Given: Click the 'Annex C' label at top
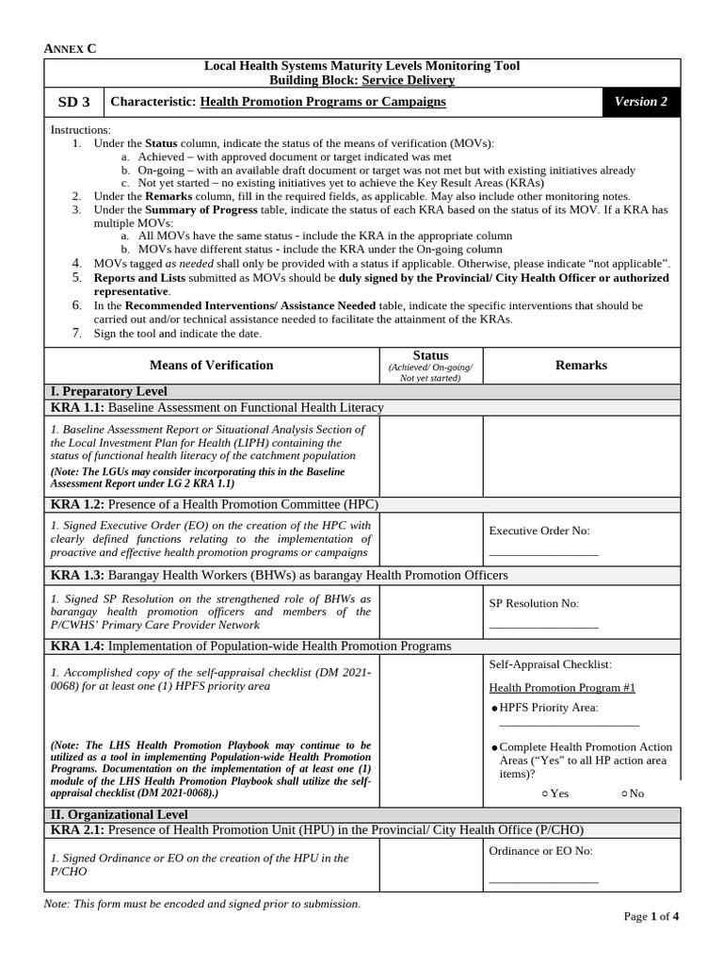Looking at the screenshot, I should (71, 48).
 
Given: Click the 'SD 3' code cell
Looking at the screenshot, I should (72, 102).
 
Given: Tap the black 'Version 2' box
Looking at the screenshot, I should (640, 102).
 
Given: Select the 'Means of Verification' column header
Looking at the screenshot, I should (211, 365).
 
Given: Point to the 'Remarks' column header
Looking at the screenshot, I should (581, 365).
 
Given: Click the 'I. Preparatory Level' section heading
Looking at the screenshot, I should (109, 391).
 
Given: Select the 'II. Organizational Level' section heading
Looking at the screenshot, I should (119, 814).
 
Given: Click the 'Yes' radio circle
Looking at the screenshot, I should (545, 793).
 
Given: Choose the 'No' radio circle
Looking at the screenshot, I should (624, 793).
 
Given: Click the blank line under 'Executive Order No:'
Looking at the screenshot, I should (543, 554).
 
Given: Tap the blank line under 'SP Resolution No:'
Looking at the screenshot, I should (543, 626).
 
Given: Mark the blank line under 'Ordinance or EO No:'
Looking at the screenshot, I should (543, 881).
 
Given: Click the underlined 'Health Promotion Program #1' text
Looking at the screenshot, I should (562, 688).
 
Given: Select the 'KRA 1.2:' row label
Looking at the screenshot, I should (78, 504).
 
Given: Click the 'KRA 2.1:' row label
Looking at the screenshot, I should (78, 830).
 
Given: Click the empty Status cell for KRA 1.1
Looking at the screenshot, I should (430, 456).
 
